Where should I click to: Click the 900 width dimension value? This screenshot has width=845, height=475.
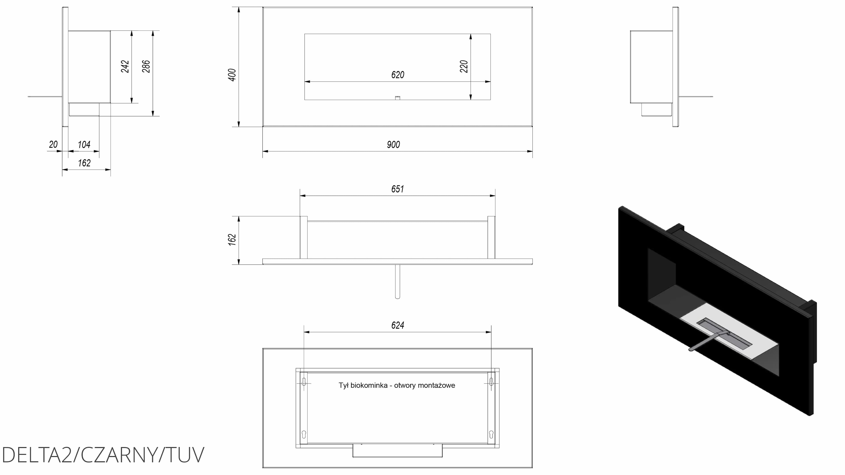[x=393, y=144]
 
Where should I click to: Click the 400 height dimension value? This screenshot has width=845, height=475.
[x=232, y=75]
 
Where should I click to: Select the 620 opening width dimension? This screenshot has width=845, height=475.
[x=398, y=75]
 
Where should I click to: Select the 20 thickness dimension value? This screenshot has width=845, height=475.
[x=53, y=144]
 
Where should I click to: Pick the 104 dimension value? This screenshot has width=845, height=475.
[x=84, y=144]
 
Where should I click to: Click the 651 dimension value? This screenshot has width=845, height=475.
[x=398, y=189]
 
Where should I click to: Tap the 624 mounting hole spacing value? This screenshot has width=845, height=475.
[x=398, y=325]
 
